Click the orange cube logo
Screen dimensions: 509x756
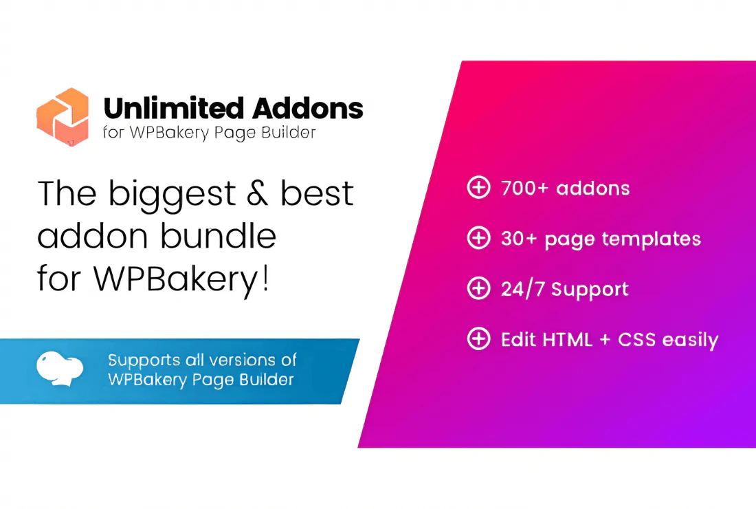pyautogui.click(x=63, y=116)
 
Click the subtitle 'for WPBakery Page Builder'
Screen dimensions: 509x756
pyautogui.click(x=209, y=132)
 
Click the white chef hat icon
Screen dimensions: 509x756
pyautogui.click(x=60, y=367)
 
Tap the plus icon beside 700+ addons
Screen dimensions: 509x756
pyautogui.click(x=478, y=188)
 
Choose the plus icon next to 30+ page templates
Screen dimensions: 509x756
pyautogui.click(x=478, y=239)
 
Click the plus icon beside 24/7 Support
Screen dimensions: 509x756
pyautogui.click(x=478, y=289)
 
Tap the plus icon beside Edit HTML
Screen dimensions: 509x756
pyautogui.click(x=478, y=339)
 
